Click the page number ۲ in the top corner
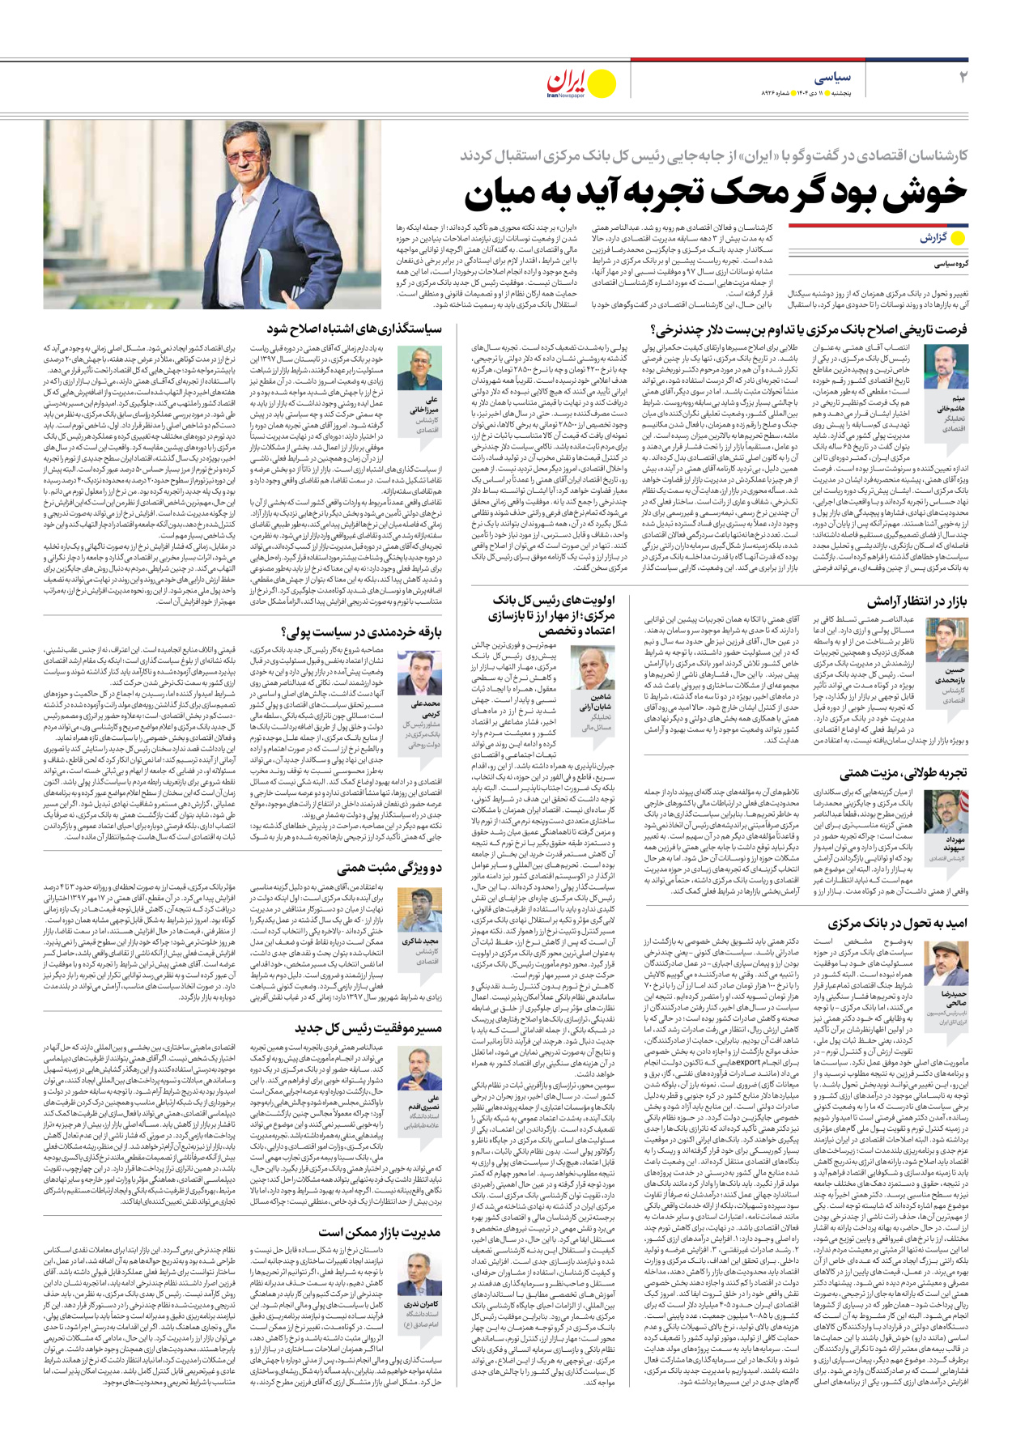point(963,77)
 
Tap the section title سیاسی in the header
point(832,78)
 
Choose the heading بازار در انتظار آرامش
point(916,601)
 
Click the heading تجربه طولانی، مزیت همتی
point(903,772)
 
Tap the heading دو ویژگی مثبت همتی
point(389,868)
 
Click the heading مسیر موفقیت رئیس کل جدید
point(368,1028)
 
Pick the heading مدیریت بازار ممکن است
point(380,1232)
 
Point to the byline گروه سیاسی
point(950,264)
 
